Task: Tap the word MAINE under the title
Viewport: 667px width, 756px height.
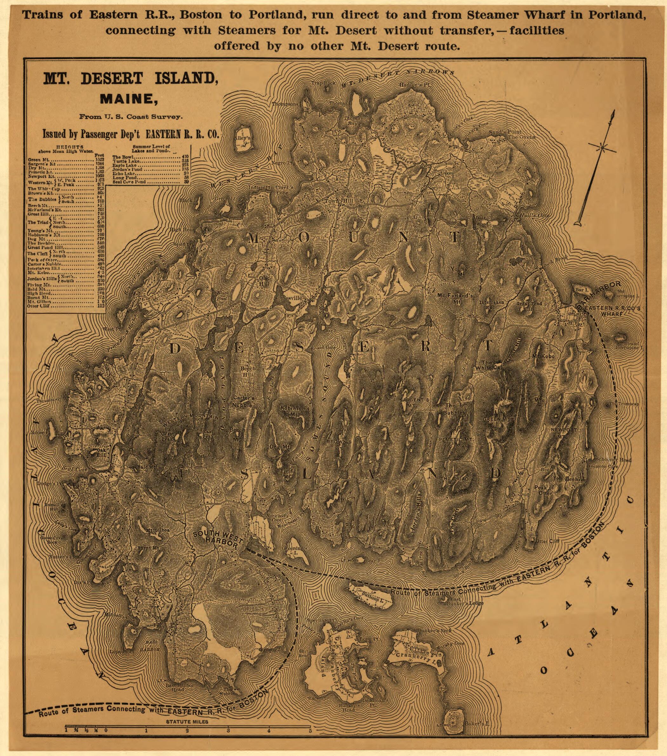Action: click(x=126, y=99)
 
